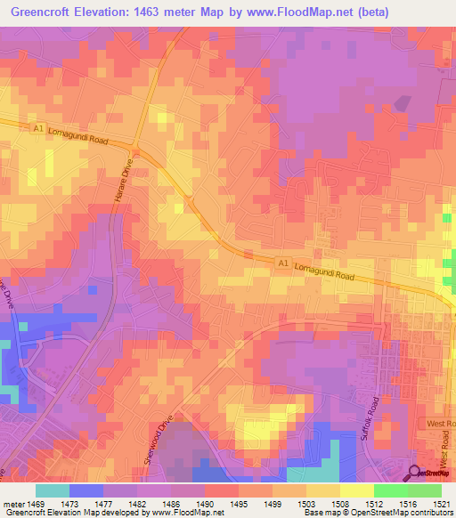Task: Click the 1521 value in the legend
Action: point(442,504)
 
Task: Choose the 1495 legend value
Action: point(238,504)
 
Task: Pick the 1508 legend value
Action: point(339,504)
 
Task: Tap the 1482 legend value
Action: point(136,504)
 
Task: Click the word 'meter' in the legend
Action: point(14,504)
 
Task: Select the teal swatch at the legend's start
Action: point(52,490)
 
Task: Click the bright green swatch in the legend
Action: point(390,490)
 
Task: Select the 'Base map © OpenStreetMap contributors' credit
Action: point(378,513)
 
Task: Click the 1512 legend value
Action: point(373,504)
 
